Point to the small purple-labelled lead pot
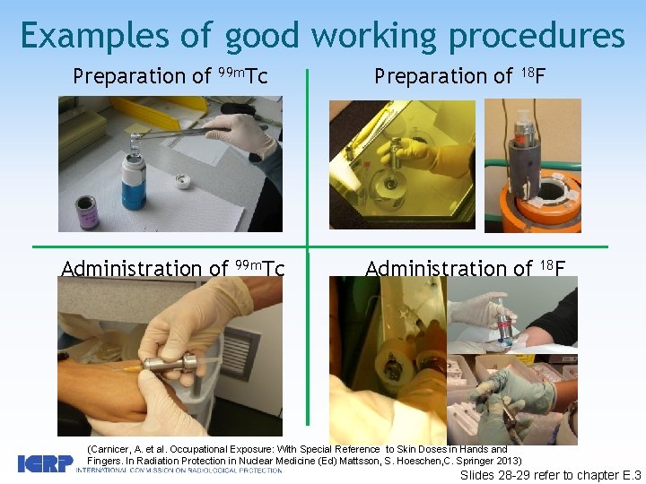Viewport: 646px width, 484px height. point(87,212)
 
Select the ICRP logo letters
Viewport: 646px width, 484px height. point(45,463)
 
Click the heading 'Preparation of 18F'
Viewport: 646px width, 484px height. point(458,77)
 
